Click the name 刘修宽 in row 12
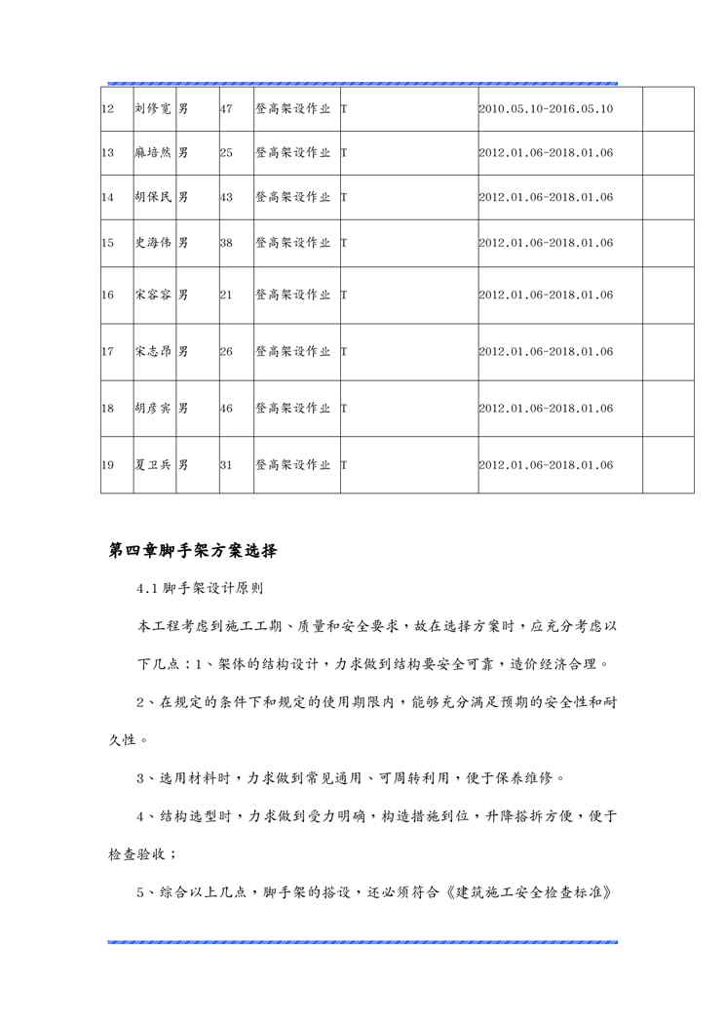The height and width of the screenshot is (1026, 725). (x=152, y=109)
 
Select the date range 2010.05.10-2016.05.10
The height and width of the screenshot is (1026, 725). (x=546, y=109)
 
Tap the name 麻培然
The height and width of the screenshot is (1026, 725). (x=152, y=153)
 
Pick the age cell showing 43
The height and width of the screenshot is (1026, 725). (x=226, y=197)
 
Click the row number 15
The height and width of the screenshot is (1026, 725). (x=108, y=243)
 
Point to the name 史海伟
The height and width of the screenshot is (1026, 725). (x=152, y=243)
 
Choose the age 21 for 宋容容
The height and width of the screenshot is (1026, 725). (x=226, y=295)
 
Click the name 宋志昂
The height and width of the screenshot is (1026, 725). (x=152, y=351)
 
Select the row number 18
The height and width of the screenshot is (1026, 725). (x=108, y=409)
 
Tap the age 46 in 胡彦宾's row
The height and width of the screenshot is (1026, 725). (x=226, y=409)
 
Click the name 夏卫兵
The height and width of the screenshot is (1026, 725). (x=152, y=465)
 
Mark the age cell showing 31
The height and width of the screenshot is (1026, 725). (x=226, y=465)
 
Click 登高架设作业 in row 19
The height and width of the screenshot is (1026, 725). (x=292, y=465)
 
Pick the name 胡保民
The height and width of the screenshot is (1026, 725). (x=152, y=197)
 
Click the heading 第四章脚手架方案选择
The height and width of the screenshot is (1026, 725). (x=193, y=551)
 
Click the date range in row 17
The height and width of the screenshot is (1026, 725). (x=546, y=351)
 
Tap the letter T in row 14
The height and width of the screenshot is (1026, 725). (x=344, y=197)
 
